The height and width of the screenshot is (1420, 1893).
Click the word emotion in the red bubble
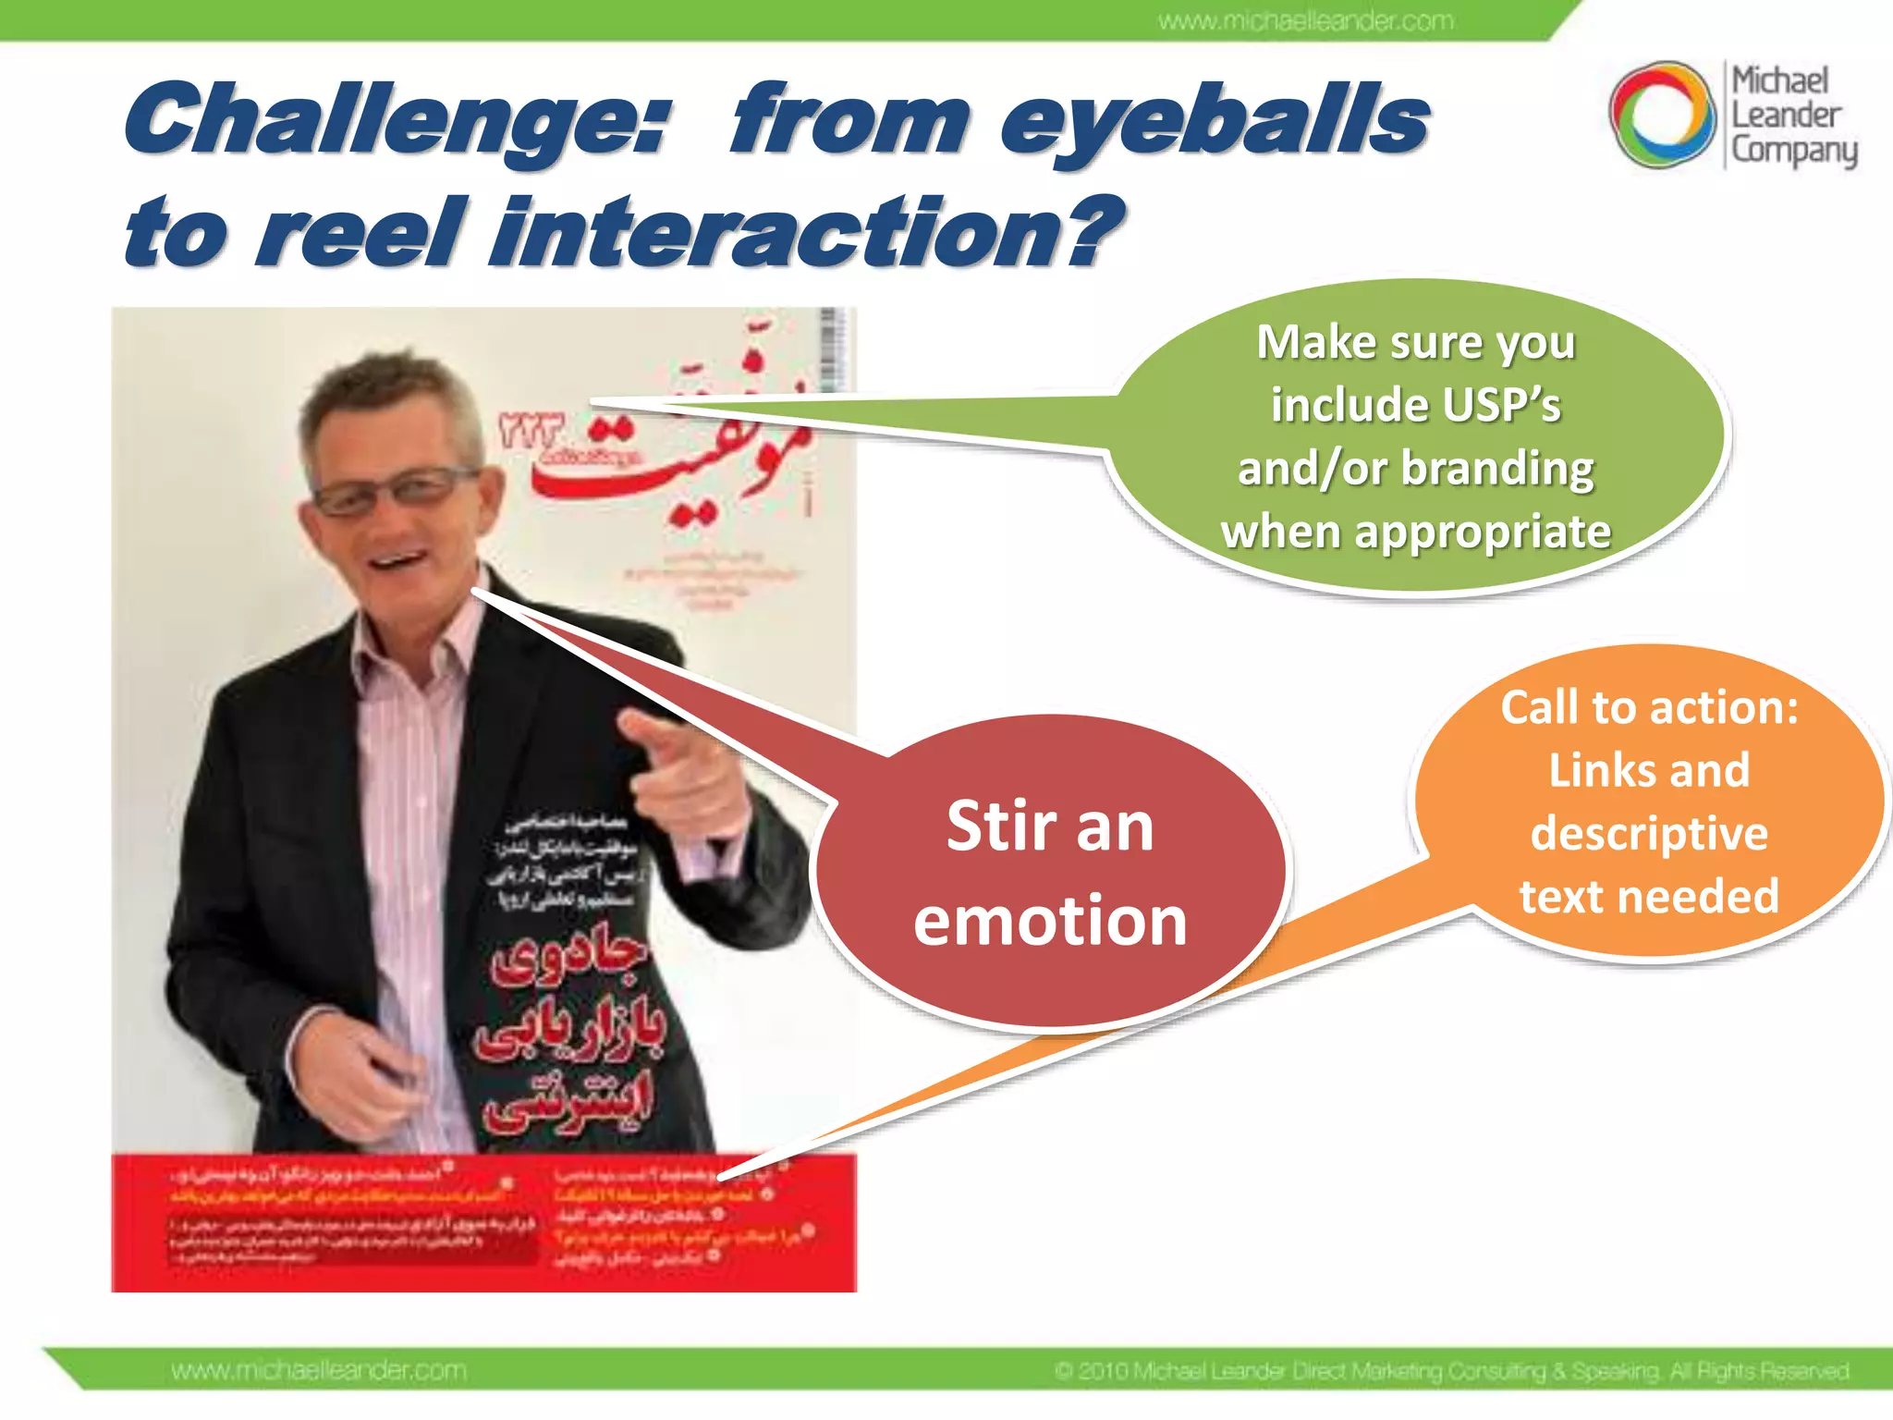1050,921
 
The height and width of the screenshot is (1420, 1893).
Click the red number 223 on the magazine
531,430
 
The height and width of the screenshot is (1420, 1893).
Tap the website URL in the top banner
1305,20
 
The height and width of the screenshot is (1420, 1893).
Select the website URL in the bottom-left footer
319,1370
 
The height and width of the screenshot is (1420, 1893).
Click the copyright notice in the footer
1451,1370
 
